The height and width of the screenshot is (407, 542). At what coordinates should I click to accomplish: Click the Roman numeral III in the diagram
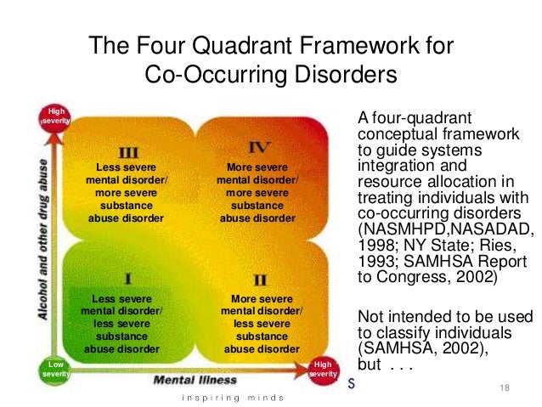(128, 153)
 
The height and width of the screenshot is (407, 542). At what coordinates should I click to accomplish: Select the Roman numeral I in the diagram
(127, 278)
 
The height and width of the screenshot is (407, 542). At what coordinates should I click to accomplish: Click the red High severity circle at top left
(55, 116)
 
